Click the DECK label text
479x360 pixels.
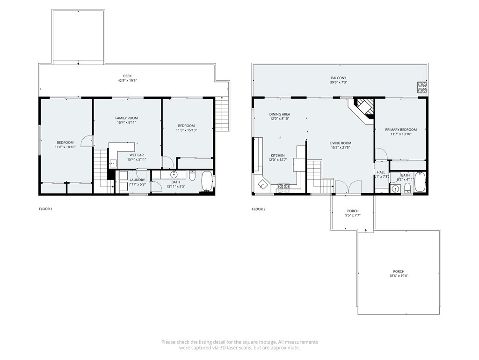click(x=127, y=75)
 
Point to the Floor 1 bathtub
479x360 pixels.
click(x=207, y=183)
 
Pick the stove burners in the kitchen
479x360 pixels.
click(x=283, y=187)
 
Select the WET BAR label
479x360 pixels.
click(x=137, y=154)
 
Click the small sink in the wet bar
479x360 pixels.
click(x=113, y=164)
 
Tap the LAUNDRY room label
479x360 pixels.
click(x=137, y=180)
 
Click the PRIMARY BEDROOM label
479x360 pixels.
click(x=401, y=129)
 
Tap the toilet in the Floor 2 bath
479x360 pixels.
click(x=407, y=188)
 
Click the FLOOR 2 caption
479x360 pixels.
click(x=259, y=209)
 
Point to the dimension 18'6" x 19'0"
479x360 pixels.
click(x=399, y=276)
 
